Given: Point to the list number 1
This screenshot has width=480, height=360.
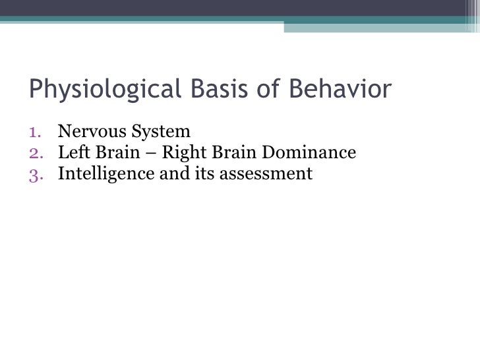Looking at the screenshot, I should (x=37, y=129).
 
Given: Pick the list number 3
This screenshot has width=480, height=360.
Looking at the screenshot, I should (x=37, y=174).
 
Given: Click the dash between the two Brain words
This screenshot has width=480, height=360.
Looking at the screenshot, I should (x=144, y=152).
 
